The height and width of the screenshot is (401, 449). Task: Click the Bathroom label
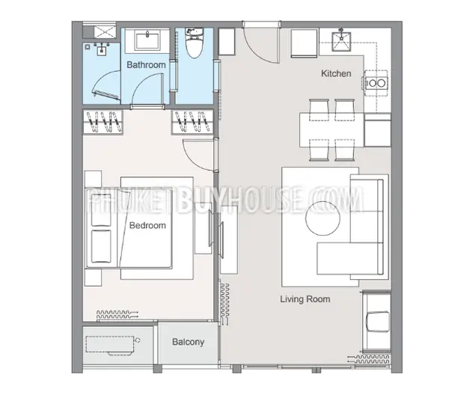(x=146, y=64)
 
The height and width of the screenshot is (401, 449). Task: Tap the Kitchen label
(x=336, y=73)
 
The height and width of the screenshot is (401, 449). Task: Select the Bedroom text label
(x=147, y=225)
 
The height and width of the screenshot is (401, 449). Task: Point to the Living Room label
(x=305, y=299)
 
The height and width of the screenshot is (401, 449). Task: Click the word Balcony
(x=188, y=342)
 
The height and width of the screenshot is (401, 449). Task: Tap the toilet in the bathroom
(x=195, y=43)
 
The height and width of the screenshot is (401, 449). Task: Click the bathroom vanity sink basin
(x=147, y=41)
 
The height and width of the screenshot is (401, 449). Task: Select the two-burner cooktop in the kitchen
(x=376, y=83)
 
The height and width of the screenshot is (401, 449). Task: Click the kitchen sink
(x=341, y=42)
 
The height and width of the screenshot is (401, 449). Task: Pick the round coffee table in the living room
(x=323, y=218)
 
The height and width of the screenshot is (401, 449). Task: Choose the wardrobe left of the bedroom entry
(x=103, y=122)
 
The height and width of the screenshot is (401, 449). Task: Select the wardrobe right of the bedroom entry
(x=192, y=122)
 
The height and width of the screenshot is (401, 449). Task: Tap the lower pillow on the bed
(x=101, y=246)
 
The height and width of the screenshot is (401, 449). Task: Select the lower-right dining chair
(x=344, y=150)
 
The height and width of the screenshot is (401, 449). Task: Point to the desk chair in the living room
(x=378, y=322)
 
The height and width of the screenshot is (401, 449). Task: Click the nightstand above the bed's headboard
(x=93, y=180)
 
